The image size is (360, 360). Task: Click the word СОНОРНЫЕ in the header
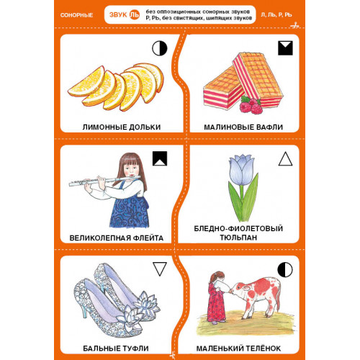76,15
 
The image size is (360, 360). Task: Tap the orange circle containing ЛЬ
135,14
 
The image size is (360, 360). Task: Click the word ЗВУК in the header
118,15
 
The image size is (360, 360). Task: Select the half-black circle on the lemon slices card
160,48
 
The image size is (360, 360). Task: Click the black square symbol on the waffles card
285,48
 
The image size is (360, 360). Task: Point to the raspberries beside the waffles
251,105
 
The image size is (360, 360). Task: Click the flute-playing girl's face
130,168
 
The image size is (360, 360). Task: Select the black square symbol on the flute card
160,158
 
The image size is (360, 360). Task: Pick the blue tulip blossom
241,170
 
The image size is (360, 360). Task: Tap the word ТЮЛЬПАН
238,238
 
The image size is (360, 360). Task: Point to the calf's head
240,289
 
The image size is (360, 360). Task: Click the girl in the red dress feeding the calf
216,297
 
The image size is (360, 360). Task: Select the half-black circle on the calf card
285,269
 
